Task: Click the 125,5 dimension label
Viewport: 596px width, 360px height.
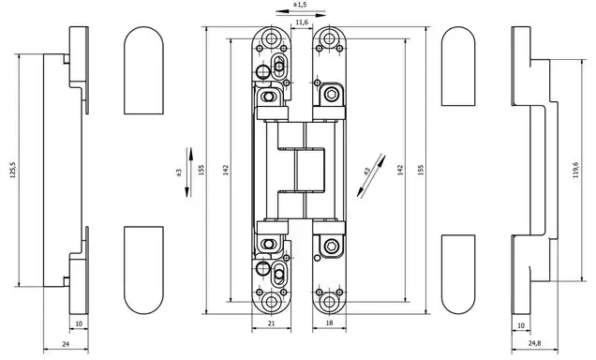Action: click(13, 170)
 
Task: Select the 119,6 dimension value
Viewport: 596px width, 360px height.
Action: click(575, 170)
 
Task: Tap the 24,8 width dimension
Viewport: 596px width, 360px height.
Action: click(534, 343)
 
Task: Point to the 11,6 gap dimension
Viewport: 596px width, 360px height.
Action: click(302, 22)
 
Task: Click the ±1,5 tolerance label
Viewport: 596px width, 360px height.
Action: click(300, 5)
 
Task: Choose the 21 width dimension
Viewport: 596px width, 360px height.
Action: click(271, 323)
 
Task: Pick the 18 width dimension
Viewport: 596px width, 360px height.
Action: click(329, 323)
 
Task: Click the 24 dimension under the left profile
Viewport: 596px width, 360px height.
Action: click(66, 344)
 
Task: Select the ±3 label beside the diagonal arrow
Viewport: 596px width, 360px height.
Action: click(366, 172)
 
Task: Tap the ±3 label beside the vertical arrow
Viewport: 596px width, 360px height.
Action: click(179, 172)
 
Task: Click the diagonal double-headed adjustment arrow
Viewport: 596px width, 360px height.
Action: click(371, 176)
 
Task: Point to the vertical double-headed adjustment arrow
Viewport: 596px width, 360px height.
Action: click(189, 172)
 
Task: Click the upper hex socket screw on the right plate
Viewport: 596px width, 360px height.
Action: click(330, 95)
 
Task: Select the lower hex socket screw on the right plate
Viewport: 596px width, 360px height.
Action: click(330, 245)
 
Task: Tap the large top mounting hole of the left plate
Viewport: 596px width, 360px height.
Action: click(271, 38)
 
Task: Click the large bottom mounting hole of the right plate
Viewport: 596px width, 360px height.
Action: click(329, 302)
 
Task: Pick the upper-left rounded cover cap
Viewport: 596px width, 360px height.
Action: click(143, 70)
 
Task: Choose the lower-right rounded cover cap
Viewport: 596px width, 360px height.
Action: click(458, 274)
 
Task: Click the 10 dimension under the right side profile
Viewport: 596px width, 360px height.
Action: click(521, 326)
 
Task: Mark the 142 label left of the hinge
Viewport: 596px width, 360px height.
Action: click(226, 170)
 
